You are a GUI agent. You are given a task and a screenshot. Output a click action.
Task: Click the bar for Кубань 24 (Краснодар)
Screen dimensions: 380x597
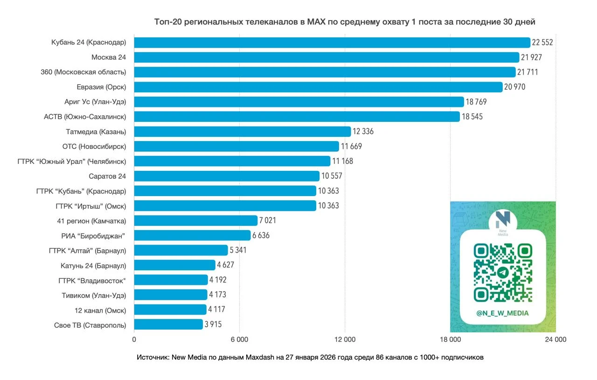click(x=332, y=42)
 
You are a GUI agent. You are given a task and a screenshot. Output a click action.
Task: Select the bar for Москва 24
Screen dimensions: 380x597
click(x=326, y=57)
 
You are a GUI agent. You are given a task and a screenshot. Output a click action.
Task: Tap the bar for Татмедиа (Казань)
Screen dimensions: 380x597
click(x=243, y=132)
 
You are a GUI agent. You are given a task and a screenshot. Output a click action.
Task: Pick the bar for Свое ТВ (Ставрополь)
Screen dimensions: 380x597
click(x=168, y=324)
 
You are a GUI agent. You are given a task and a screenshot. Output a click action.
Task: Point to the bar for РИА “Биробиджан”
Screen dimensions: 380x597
click(x=192, y=235)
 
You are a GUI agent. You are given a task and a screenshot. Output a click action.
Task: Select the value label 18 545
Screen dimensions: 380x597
click(x=472, y=117)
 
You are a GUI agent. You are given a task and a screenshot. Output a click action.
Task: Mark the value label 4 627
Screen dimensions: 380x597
click(x=225, y=265)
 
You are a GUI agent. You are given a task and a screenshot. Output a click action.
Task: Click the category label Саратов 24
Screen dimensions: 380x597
click(x=107, y=176)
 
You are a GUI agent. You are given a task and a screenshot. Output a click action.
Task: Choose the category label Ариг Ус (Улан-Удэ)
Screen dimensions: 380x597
click(x=95, y=102)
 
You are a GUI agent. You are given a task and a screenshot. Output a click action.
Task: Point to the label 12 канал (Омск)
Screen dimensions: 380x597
click(x=100, y=310)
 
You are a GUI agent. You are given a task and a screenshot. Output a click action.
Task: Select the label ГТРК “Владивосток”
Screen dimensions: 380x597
click(x=92, y=280)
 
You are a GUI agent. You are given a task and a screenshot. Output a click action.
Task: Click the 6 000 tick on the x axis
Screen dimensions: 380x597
click(x=239, y=339)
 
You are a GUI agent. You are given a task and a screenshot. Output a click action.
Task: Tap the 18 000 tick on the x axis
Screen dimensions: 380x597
click(x=450, y=339)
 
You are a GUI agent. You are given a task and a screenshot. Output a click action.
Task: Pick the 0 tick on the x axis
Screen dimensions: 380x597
click(x=134, y=339)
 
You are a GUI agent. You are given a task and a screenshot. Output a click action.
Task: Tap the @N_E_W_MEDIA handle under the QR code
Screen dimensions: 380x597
click(x=503, y=313)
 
